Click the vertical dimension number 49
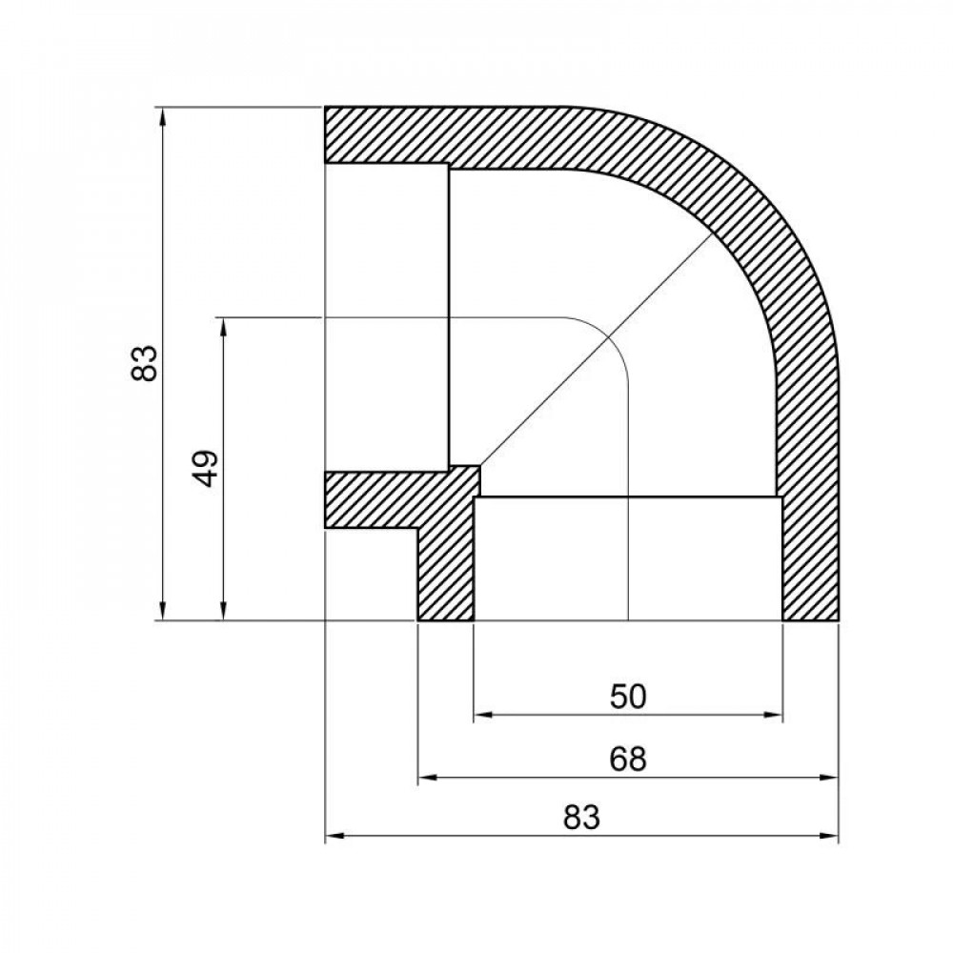207,468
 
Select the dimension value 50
628,697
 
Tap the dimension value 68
628,760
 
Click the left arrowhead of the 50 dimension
480,716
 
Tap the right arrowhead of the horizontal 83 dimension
832,838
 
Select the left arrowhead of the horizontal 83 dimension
333,838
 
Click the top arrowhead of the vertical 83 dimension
165,115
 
